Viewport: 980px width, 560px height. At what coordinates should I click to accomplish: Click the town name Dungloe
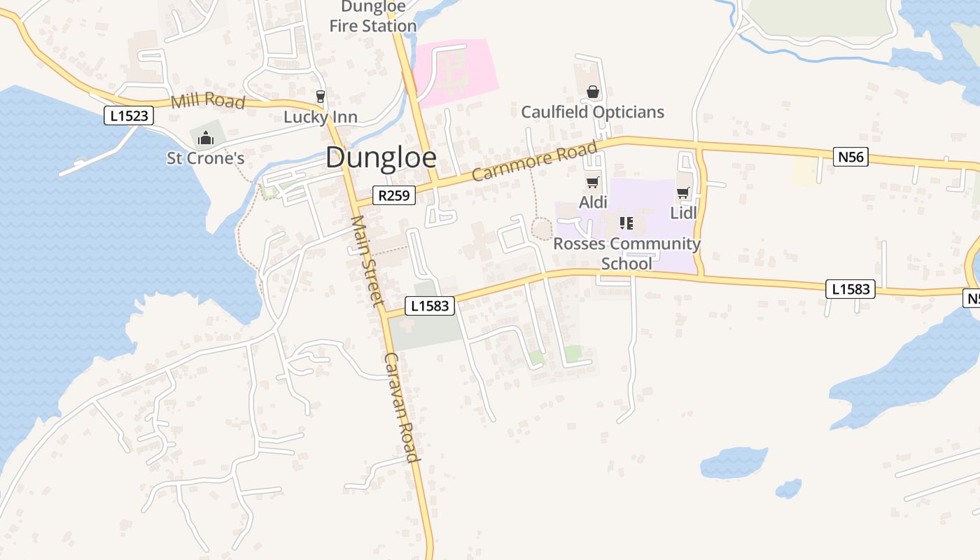381,157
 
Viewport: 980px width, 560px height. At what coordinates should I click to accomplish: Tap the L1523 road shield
129,115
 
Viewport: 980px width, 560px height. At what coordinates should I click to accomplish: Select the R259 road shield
393,195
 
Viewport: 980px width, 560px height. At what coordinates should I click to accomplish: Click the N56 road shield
851,157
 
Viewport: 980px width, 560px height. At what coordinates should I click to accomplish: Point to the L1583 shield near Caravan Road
430,306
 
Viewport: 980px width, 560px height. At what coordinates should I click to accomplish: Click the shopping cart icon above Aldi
592,183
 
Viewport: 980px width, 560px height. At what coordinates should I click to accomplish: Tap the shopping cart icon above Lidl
683,193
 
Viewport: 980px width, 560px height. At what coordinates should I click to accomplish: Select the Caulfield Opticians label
592,112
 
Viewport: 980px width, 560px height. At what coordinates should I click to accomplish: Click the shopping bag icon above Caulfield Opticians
593,92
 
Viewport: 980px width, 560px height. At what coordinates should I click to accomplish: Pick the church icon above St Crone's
205,139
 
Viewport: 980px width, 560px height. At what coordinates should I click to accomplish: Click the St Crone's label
205,158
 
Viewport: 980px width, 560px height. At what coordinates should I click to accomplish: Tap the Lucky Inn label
320,117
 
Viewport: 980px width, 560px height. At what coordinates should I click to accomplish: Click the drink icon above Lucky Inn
321,96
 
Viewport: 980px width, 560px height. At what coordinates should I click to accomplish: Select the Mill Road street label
208,101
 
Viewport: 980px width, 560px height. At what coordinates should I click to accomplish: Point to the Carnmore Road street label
535,161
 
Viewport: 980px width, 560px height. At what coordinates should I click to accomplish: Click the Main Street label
367,260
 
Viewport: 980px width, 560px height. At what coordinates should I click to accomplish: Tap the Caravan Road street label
402,407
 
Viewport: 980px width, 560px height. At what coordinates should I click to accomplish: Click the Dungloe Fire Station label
372,17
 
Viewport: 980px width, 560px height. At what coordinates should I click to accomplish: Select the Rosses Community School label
626,253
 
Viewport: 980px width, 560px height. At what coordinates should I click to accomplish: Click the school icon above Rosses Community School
626,223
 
